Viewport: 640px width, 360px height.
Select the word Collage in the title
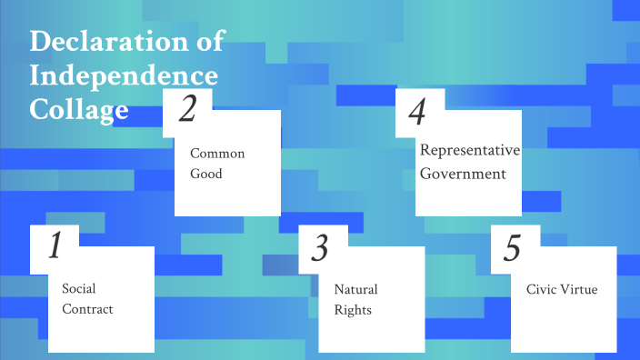79,110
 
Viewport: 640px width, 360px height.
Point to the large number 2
187,110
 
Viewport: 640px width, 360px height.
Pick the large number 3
319,248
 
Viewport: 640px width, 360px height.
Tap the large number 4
417,113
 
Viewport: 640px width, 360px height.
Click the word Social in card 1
79,288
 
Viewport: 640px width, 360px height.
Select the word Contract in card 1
87,309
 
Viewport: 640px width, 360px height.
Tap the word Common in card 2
217,153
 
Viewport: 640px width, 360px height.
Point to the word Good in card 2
206,174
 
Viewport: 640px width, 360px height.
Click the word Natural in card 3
355,289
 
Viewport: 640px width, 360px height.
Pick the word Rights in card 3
353,310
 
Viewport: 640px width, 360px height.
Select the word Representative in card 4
469,151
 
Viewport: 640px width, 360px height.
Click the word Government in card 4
464,174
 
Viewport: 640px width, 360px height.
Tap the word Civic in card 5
544,289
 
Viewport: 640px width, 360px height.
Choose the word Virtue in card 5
582,289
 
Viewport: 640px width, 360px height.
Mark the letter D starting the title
39,41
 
